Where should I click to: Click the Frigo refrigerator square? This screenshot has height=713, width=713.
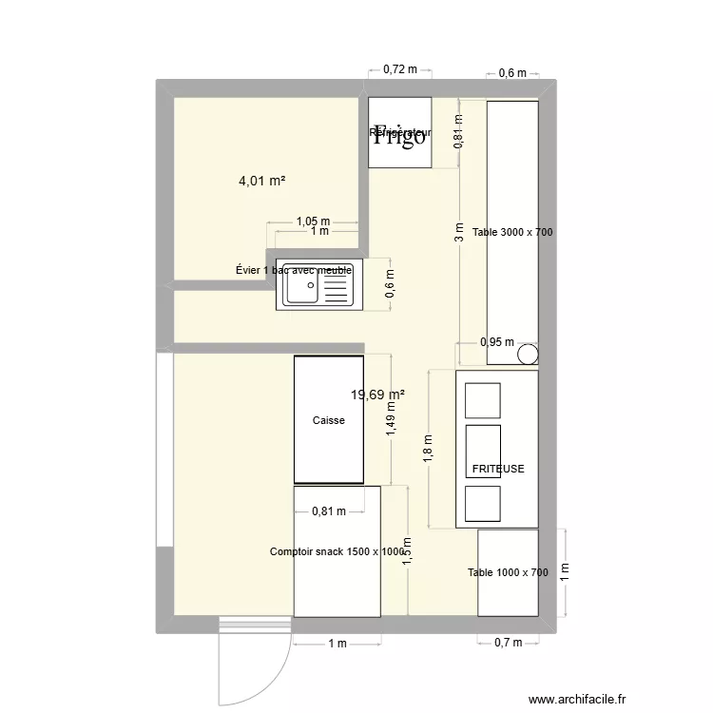399,133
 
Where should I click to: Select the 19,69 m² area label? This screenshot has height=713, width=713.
377,395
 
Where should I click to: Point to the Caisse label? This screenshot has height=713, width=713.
328,420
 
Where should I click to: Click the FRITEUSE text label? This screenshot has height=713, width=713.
498,469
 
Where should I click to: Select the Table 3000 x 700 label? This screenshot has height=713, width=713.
512,232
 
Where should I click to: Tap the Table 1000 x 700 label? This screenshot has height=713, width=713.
508,572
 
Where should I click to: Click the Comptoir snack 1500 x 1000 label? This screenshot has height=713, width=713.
337,551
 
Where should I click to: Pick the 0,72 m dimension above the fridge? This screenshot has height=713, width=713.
399,68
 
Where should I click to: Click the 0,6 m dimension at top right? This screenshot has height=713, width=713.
512,73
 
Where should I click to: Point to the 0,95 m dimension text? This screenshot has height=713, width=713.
496,342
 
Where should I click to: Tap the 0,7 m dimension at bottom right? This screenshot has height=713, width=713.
508,643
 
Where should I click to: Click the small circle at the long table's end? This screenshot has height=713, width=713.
528,356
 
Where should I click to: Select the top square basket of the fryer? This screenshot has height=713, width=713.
482,400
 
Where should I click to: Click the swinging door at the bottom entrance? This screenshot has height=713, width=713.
253,665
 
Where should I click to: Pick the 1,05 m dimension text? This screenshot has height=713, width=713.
312,221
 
